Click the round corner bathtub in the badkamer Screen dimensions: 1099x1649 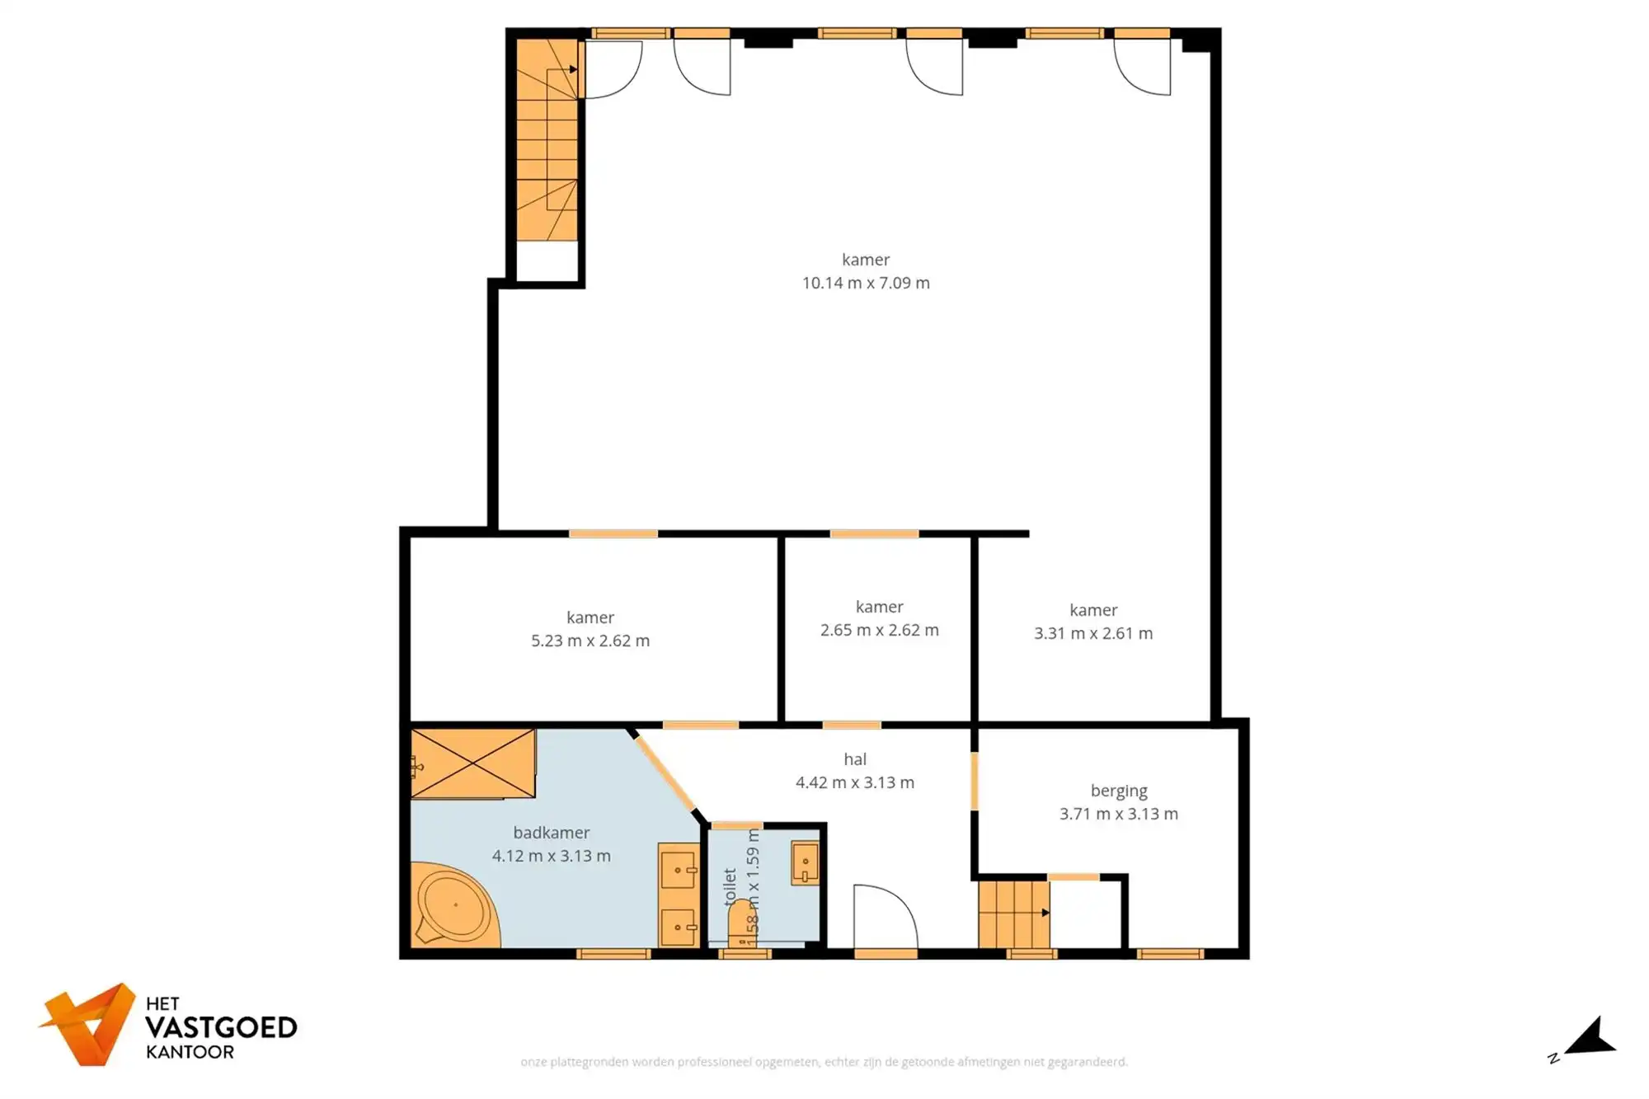454,905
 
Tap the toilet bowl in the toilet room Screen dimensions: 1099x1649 741,930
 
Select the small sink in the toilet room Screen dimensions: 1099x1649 805,862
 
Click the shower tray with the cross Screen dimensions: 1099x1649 472,763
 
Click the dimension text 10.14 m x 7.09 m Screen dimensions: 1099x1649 866,283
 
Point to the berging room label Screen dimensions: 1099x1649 1118,791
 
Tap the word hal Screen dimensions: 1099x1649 855,759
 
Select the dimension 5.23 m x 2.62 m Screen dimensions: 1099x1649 590,641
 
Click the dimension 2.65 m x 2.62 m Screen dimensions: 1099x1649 879,630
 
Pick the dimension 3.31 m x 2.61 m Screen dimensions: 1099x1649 1093,633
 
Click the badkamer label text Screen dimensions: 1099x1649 551,833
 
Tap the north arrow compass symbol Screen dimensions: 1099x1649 1591,1039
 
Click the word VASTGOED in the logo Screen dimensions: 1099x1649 221,1027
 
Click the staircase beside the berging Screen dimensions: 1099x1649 1013,914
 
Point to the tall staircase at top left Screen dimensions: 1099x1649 547,140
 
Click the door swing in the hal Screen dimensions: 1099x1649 885,917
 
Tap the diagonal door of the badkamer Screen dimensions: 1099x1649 665,773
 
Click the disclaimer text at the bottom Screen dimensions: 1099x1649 824,1062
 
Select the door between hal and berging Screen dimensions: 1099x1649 974,780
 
